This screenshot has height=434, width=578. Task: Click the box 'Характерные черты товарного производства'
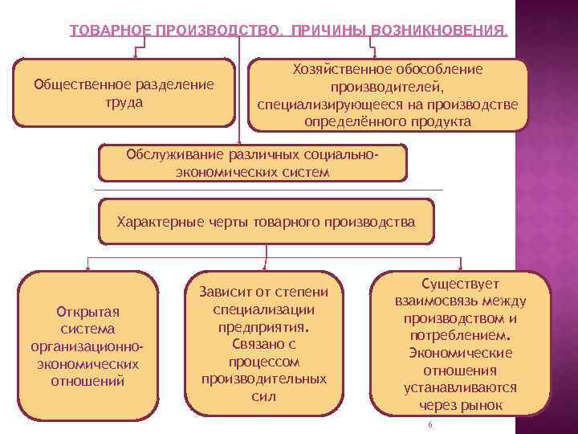coord(266,222)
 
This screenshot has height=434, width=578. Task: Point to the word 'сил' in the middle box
coord(264,396)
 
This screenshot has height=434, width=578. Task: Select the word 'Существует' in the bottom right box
coord(460,284)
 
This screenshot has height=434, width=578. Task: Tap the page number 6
coord(430,425)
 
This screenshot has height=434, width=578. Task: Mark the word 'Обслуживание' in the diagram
coord(168,154)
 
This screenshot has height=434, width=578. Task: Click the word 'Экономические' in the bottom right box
coord(460,354)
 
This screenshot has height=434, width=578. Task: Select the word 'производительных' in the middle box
coord(264,379)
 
